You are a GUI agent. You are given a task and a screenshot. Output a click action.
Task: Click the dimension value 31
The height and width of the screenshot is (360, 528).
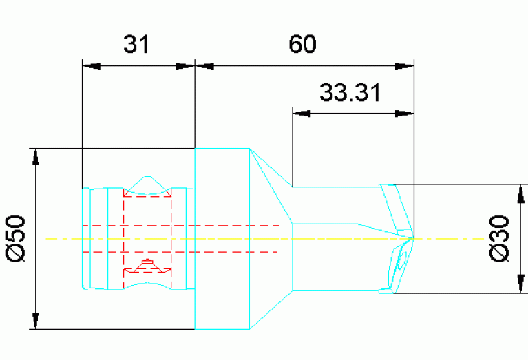[136, 45]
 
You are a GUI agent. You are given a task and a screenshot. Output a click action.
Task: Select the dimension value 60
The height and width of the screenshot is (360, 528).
[302, 45]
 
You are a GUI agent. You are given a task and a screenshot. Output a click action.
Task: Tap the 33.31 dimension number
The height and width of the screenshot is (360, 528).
[350, 92]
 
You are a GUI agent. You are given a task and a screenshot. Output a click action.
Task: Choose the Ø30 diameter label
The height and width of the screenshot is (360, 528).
[502, 238]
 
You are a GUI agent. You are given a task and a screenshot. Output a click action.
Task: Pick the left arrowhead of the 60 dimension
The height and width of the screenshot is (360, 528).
[205, 66]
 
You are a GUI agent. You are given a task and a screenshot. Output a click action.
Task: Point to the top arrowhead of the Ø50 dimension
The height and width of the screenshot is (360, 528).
[36, 158]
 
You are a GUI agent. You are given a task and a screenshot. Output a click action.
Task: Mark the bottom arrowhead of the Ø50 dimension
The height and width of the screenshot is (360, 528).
[36, 320]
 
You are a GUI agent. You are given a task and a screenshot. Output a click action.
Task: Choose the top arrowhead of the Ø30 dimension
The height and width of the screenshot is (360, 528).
[518, 193]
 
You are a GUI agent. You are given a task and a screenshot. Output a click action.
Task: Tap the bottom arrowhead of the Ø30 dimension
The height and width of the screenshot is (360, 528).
[518, 284]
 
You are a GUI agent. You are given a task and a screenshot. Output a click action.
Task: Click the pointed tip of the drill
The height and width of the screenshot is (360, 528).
[414, 238]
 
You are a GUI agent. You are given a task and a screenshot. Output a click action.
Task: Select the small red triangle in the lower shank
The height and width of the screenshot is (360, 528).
[146, 264]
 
